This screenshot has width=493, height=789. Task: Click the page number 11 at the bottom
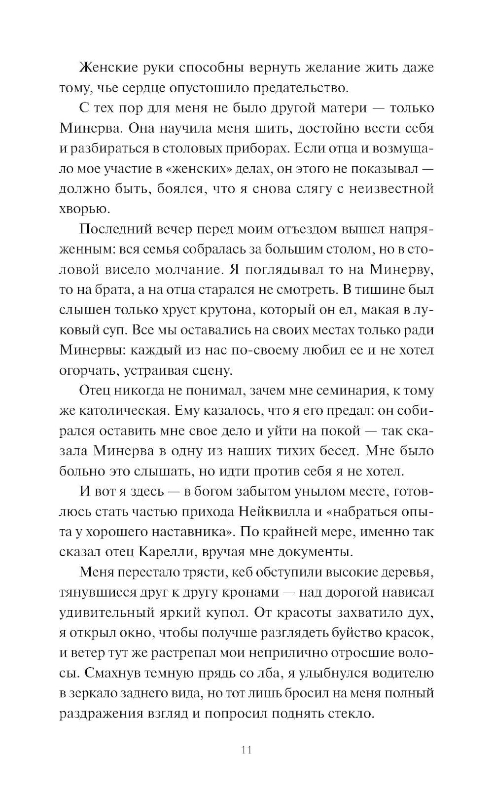[247, 750]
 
